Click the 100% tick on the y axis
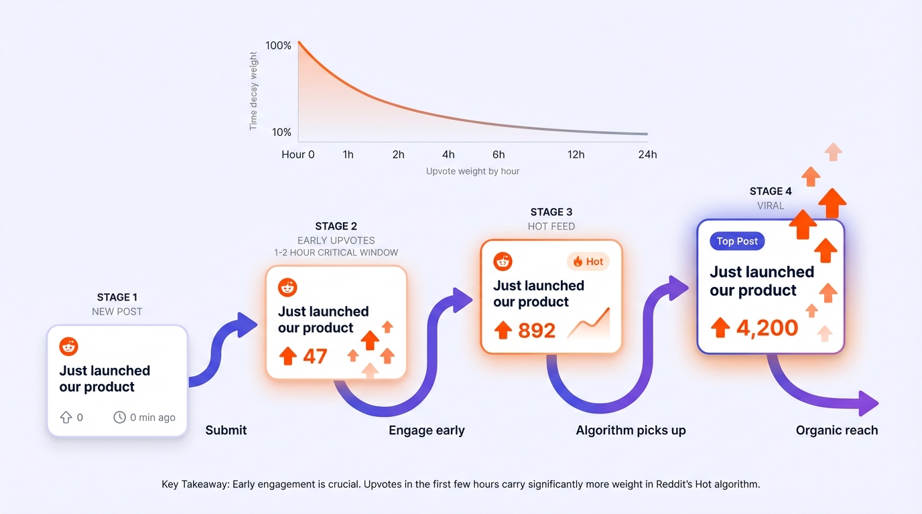pos(278,46)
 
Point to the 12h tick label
pos(576,155)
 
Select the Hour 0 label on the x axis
pos(298,155)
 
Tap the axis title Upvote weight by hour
pos(472,171)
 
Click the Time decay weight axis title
pos(253,91)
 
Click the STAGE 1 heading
pos(117,297)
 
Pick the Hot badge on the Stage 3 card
pos(588,262)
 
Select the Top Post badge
pos(737,242)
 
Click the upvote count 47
pos(315,356)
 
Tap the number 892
pos(536,330)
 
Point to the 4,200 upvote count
pos(767,328)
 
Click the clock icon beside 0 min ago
pos(119,418)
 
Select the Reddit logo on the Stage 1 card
pos(69,347)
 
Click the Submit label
pos(226,430)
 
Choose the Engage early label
pos(427,430)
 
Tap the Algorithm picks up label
pos(631,430)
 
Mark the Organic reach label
pos(836,430)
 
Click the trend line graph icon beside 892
pos(588,324)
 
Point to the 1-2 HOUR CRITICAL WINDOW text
pos(336,253)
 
